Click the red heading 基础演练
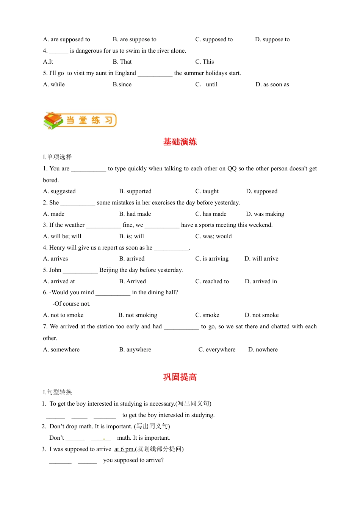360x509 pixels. pos(180,142)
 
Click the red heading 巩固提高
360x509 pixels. pos(180,377)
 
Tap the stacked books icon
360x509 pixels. pos(53,120)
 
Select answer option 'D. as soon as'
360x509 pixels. pos(272,84)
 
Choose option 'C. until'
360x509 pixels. pos(207,84)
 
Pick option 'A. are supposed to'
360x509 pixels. pos(67,39)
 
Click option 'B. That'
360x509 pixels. pos(122,62)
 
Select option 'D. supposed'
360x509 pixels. pos(262,191)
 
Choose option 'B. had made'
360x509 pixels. pos(135,214)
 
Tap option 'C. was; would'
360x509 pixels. pos(213,236)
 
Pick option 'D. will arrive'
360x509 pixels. pos(261,259)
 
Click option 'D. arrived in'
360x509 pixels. pos(261,281)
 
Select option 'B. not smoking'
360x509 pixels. pos(138,315)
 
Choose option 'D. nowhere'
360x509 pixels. pos(263,350)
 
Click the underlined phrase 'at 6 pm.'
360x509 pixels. pos(124,449)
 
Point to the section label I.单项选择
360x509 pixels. pos(58,157)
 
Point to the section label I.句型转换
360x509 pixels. pos(58,392)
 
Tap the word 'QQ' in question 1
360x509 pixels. pos(232,169)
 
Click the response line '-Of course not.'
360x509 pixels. pos(72,304)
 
